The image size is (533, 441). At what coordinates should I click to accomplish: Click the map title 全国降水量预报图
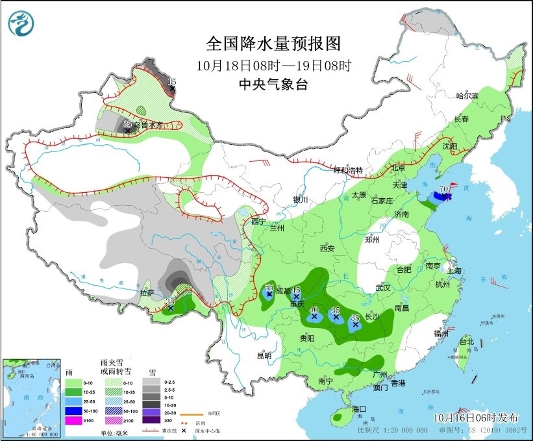click(273, 44)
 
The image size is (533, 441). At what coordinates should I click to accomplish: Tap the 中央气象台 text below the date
click(273, 84)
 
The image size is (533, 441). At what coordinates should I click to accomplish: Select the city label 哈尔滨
click(466, 96)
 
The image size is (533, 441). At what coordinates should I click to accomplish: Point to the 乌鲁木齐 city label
click(149, 124)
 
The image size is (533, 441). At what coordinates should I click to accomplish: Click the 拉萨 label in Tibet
click(147, 293)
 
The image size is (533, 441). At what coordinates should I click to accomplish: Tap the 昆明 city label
click(264, 355)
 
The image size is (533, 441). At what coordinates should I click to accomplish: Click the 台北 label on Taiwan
click(466, 342)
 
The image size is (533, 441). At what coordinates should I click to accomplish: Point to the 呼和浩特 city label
click(347, 170)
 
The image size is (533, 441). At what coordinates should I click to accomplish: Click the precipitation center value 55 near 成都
click(269, 287)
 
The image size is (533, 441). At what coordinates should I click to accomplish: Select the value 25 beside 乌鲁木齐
click(127, 123)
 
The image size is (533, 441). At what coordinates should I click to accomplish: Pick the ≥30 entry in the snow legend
click(169, 420)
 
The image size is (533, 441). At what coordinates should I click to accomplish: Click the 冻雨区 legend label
click(215, 412)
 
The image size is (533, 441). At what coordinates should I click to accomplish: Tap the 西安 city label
click(327, 248)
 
